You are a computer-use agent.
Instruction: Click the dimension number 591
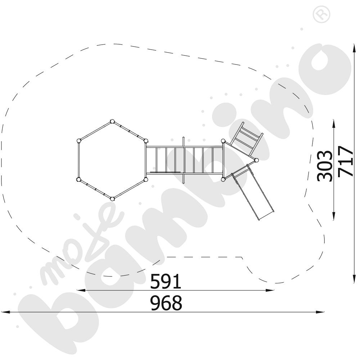click(x=166, y=281)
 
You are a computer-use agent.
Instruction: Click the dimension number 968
click(x=166, y=303)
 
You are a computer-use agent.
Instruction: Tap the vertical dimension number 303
click(x=325, y=166)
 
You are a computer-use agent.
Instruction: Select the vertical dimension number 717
click(x=345, y=161)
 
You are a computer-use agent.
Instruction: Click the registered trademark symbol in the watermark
click(x=321, y=14)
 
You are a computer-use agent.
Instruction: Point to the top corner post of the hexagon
click(x=112, y=121)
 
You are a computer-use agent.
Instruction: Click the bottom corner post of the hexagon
click(x=112, y=199)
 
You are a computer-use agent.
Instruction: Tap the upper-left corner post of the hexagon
click(x=79, y=140)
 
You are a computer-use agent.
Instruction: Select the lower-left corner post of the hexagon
click(x=79, y=179)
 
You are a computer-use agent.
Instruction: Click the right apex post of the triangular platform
click(x=257, y=160)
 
